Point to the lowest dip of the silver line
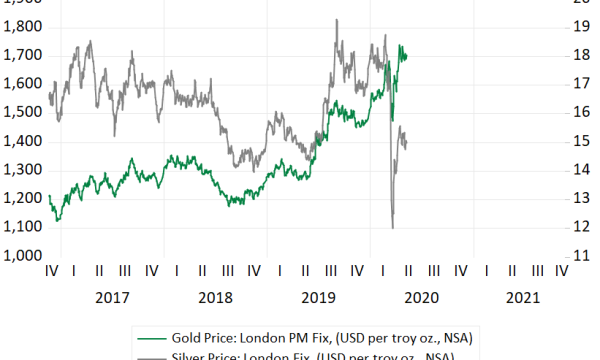[392, 228]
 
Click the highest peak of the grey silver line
[336, 20]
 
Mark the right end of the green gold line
[407, 55]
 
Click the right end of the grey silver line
[407, 146]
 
